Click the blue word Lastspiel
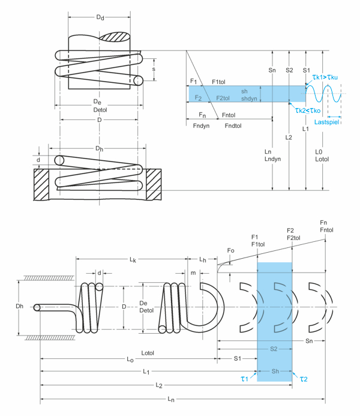click(x=326, y=122)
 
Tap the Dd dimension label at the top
click(x=100, y=17)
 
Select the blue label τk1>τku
click(x=325, y=77)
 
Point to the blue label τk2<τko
click(x=308, y=110)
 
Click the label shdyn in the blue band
click(x=249, y=98)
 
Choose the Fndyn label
click(x=201, y=125)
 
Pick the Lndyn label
click(x=272, y=159)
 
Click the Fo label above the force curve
click(x=230, y=250)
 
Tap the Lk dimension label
click(x=133, y=259)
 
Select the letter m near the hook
click(x=193, y=273)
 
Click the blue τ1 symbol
click(x=244, y=379)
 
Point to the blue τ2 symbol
click(x=304, y=379)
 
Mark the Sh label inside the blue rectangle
click(x=275, y=371)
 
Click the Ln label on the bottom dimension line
click(x=171, y=399)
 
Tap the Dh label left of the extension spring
click(x=19, y=306)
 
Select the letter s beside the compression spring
click(x=154, y=70)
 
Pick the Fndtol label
click(x=233, y=125)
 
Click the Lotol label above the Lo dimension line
click(x=148, y=353)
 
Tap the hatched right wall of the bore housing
click(x=154, y=184)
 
